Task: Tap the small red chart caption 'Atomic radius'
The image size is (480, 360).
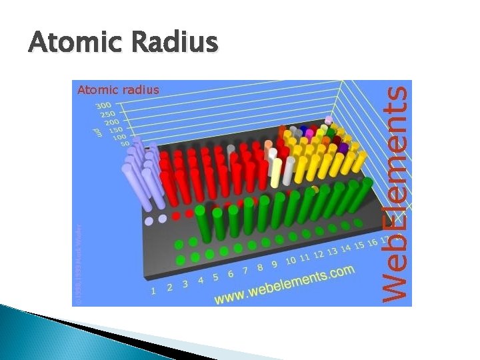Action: (x=118, y=89)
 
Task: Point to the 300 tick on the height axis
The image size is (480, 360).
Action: (x=103, y=105)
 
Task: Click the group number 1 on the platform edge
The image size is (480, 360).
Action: (x=154, y=290)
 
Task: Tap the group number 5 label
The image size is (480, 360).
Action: (x=216, y=277)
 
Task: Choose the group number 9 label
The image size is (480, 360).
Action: (x=275, y=264)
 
